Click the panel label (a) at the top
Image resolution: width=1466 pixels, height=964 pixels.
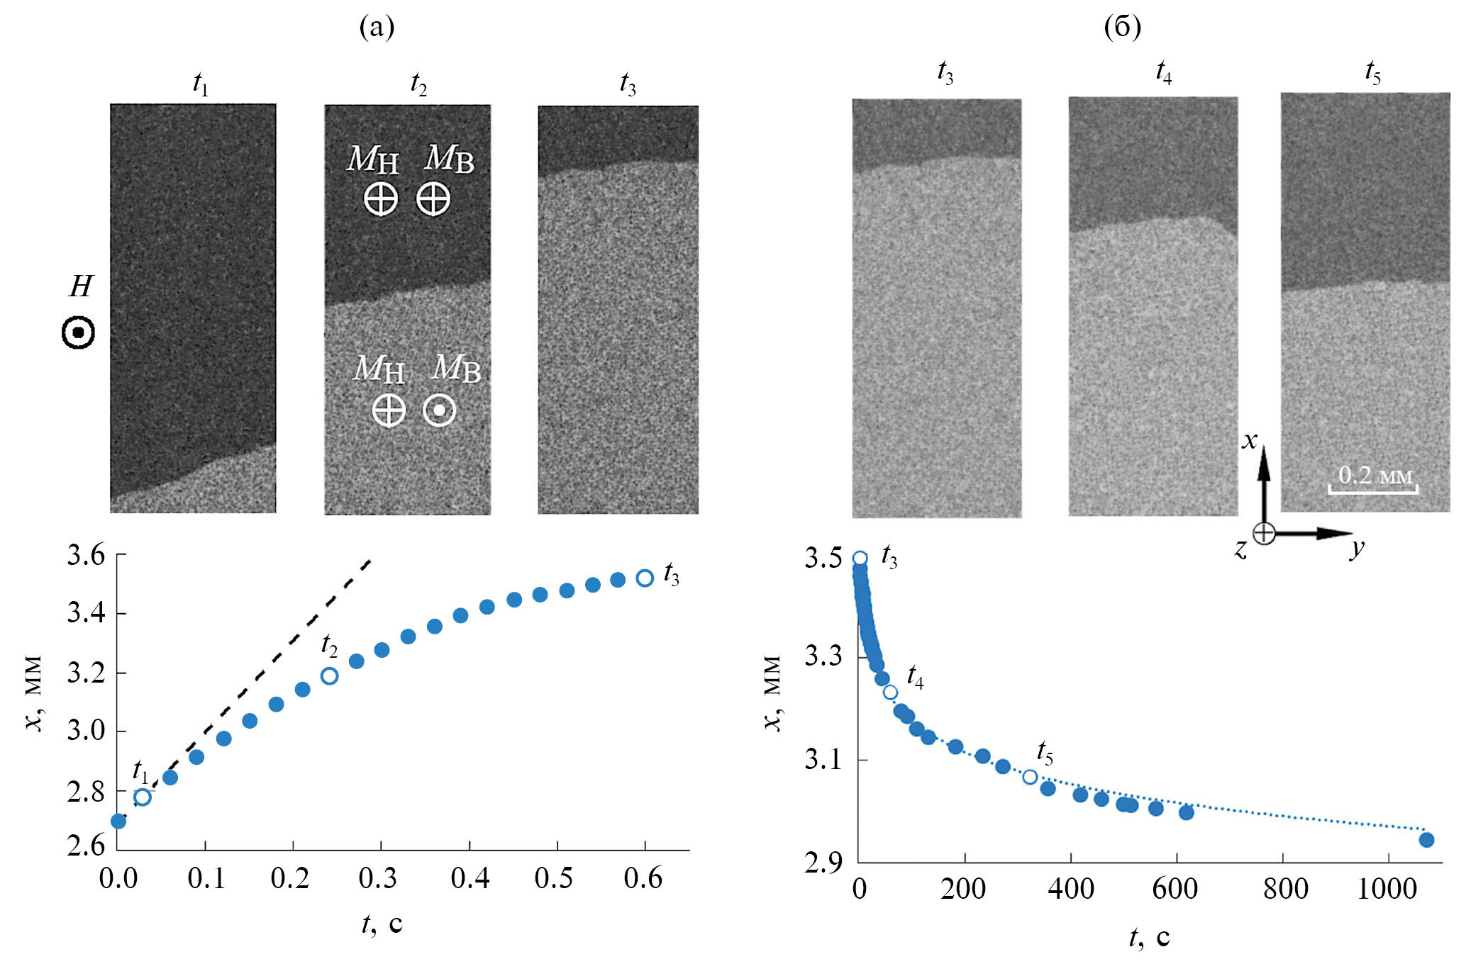pyautogui.click(x=377, y=27)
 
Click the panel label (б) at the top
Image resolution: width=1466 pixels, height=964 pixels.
pyautogui.click(x=1122, y=27)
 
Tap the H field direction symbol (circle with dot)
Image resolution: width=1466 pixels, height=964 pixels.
pyautogui.click(x=78, y=332)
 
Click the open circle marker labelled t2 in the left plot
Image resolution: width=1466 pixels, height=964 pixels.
pyautogui.click(x=329, y=676)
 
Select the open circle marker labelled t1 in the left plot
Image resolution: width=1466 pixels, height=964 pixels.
pyautogui.click(x=143, y=797)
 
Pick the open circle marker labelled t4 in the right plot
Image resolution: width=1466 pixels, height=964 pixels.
pyautogui.click(x=890, y=692)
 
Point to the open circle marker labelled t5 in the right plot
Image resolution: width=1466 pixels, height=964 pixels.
pyautogui.click(x=1030, y=777)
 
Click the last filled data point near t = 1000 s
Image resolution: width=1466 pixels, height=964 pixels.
pyautogui.click(x=1426, y=840)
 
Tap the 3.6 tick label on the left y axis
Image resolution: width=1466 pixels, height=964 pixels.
pyautogui.click(x=86, y=555)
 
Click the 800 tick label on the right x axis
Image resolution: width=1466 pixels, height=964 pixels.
pyautogui.click(x=1285, y=889)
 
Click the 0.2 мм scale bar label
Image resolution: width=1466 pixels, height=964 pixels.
pyautogui.click(x=1375, y=475)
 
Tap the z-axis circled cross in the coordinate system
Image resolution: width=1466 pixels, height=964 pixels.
pyautogui.click(x=1264, y=533)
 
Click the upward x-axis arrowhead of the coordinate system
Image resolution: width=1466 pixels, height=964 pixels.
pyautogui.click(x=1264, y=457)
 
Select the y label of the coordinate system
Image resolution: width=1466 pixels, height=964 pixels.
pyautogui.click(x=1357, y=547)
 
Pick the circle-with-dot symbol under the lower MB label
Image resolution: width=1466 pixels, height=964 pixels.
pyautogui.click(x=439, y=410)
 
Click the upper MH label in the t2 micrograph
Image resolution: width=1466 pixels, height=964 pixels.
pyautogui.click(x=372, y=159)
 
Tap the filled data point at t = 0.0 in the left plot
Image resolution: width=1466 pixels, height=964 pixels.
pyautogui.click(x=118, y=821)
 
